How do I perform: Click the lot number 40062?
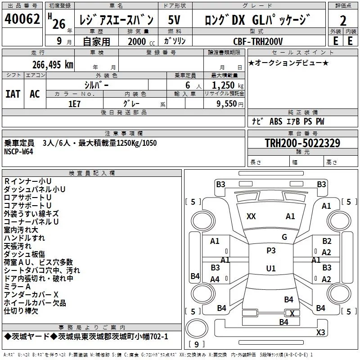click(x=22, y=19)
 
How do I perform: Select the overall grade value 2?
click(x=343, y=21)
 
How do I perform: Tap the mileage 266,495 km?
click(x=53, y=65)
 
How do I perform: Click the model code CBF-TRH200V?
click(x=258, y=41)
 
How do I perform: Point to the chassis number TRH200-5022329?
click(x=302, y=143)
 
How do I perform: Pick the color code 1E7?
click(x=74, y=104)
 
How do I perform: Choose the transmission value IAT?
click(x=13, y=94)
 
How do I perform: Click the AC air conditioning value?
click(x=35, y=94)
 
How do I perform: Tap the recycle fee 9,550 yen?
click(x=230, y=104)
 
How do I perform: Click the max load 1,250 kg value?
click(x=228, y=85)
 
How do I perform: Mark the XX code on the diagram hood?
click(x=251, y=216)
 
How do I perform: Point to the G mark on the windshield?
click(x=284, y=237)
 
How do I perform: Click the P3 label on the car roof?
click(x=271, y=251)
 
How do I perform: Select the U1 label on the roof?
click(x=271, y=268)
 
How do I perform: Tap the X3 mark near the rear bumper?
click(x=320, y=332)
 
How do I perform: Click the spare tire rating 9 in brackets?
click(x=197, y=344)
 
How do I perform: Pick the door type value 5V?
click(x=174, y=20)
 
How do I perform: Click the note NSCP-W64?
click(x=18, y=152)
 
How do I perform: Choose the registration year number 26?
click(x=59, y=24)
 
